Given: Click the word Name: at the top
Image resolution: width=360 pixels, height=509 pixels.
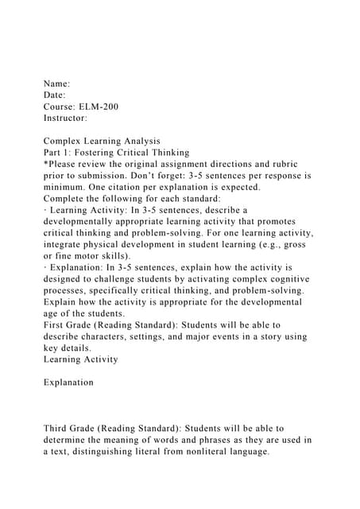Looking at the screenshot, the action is pos(57,83).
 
